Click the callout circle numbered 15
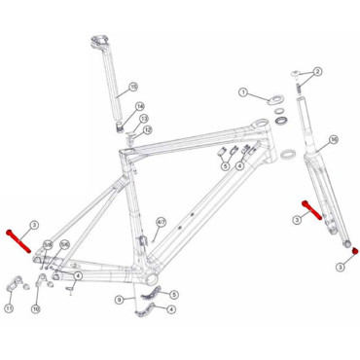click(x=133, y=88)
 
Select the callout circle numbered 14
click(x=140, y=106)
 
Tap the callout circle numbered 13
click(x=143, y=118)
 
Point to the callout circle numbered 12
click(x=148, y=130)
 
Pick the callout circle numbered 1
click(x=246, y=93)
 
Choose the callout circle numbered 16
click(x=333, y=140)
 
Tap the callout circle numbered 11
click(x=9, y=308)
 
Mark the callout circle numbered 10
click(x=36, y=308)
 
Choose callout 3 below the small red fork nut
click(x=341, y=266)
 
